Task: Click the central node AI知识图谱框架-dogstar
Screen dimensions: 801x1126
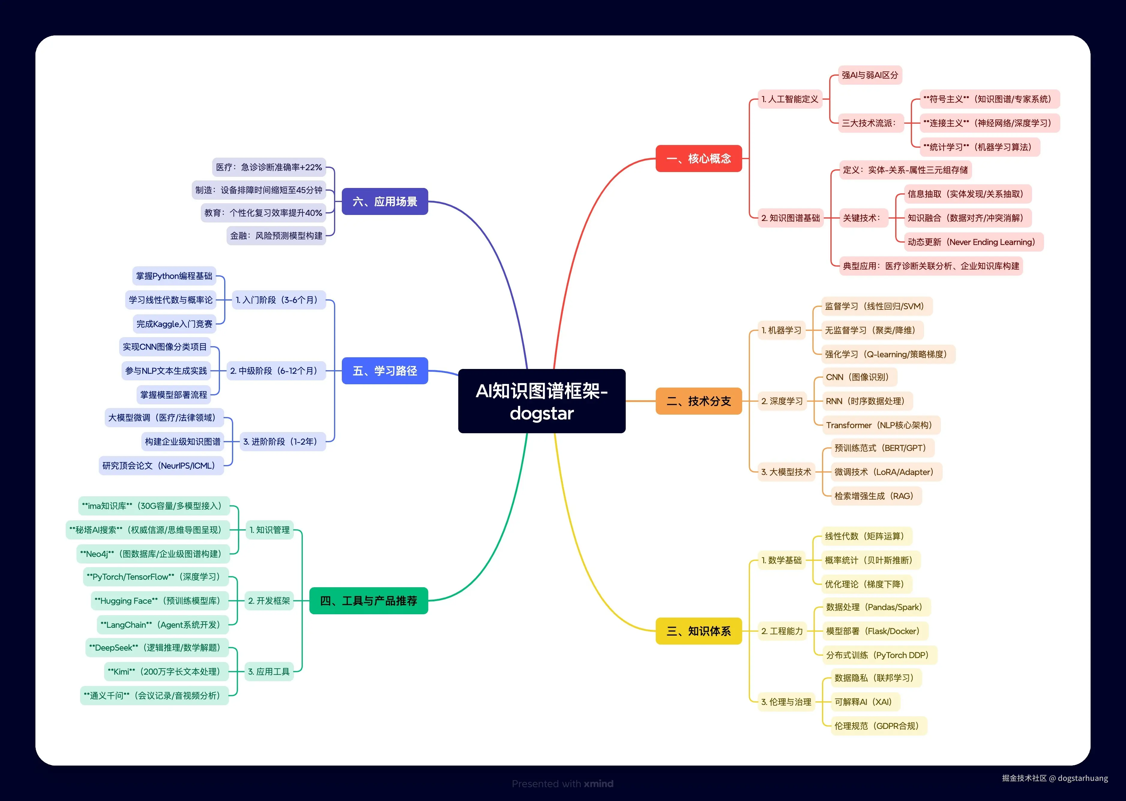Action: pos(541,401)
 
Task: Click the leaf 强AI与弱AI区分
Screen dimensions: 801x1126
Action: pos(870,75)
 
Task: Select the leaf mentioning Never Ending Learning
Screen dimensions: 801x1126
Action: pos(971,242)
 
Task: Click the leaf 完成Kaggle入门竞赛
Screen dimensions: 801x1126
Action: pos(175,324)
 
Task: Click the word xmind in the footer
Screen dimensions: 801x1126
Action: pos(598,783)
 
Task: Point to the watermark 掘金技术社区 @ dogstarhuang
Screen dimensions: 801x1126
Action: pos(1055,778)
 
